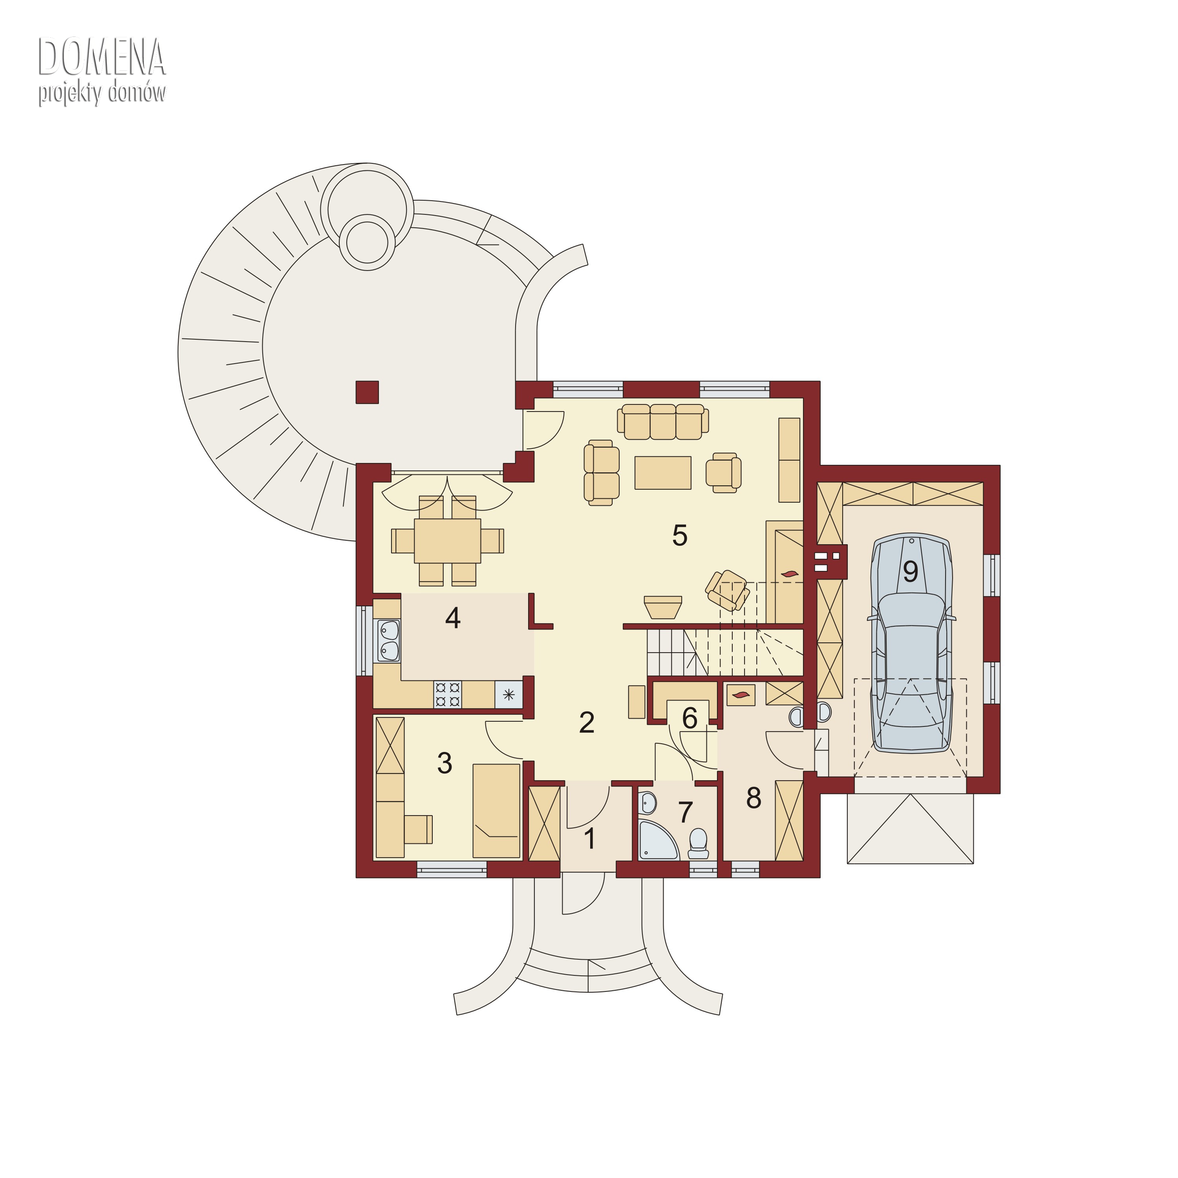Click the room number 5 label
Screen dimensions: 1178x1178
coord(680,535)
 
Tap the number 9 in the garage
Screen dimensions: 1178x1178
coord(910,571)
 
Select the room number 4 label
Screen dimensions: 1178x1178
coord(452,618)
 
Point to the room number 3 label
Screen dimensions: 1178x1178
coord(444,763)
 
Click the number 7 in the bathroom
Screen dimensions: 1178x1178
coord(685,812)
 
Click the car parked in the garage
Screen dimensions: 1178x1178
coord(911,643)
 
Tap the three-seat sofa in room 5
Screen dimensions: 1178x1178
coord(663,421)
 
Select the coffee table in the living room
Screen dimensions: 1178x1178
coord(663,472)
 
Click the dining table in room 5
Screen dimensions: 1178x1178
coord(448,541)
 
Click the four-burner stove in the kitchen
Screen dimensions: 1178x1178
coord(448,695)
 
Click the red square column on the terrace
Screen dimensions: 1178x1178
coord(367,392)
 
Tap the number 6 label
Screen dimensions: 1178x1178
coord(690,718)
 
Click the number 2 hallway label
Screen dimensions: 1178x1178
coord(587,723)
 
